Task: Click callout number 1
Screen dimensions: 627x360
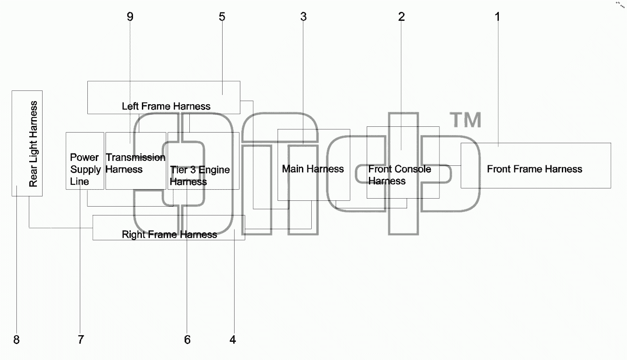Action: tap(498, 17)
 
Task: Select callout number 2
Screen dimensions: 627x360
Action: tap(401, 17)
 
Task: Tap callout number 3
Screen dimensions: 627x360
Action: tap(303, 17)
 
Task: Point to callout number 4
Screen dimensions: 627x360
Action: tap(233, 340)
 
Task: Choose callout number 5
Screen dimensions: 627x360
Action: tap(222, 17)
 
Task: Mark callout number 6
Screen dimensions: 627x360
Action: tap(187, 340)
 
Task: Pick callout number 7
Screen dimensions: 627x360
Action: tap(81, 340)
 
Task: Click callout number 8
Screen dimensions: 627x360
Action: tap(16, 340)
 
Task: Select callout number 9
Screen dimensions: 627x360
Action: tap(130, 17)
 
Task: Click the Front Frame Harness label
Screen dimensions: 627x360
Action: tap(535, 169)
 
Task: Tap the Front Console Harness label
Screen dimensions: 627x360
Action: tap(400, 175)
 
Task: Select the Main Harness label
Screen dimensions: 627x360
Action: tap(313, 169)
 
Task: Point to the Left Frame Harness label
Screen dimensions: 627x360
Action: tap(166, 106)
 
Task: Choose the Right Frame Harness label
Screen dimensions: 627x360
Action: tap(169, 234)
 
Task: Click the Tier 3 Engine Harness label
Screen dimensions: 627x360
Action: tap(200, 176)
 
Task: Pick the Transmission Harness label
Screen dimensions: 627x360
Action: tap(136, 163)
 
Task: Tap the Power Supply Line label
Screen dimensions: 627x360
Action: tap(86, 169)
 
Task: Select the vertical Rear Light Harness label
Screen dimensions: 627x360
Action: tap(33, 144)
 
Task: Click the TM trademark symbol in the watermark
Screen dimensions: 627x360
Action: tap(466, 120)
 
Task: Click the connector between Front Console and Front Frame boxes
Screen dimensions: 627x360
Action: tap(450, 166)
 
